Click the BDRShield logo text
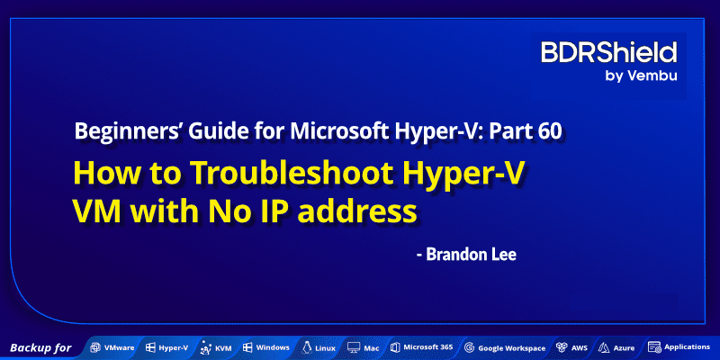click(609, 52)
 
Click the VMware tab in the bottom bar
click(112, 347)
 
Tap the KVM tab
click(216, 347)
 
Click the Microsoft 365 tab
click(421, 347)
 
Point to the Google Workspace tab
click(505, 347)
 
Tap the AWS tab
click(573, 347)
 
